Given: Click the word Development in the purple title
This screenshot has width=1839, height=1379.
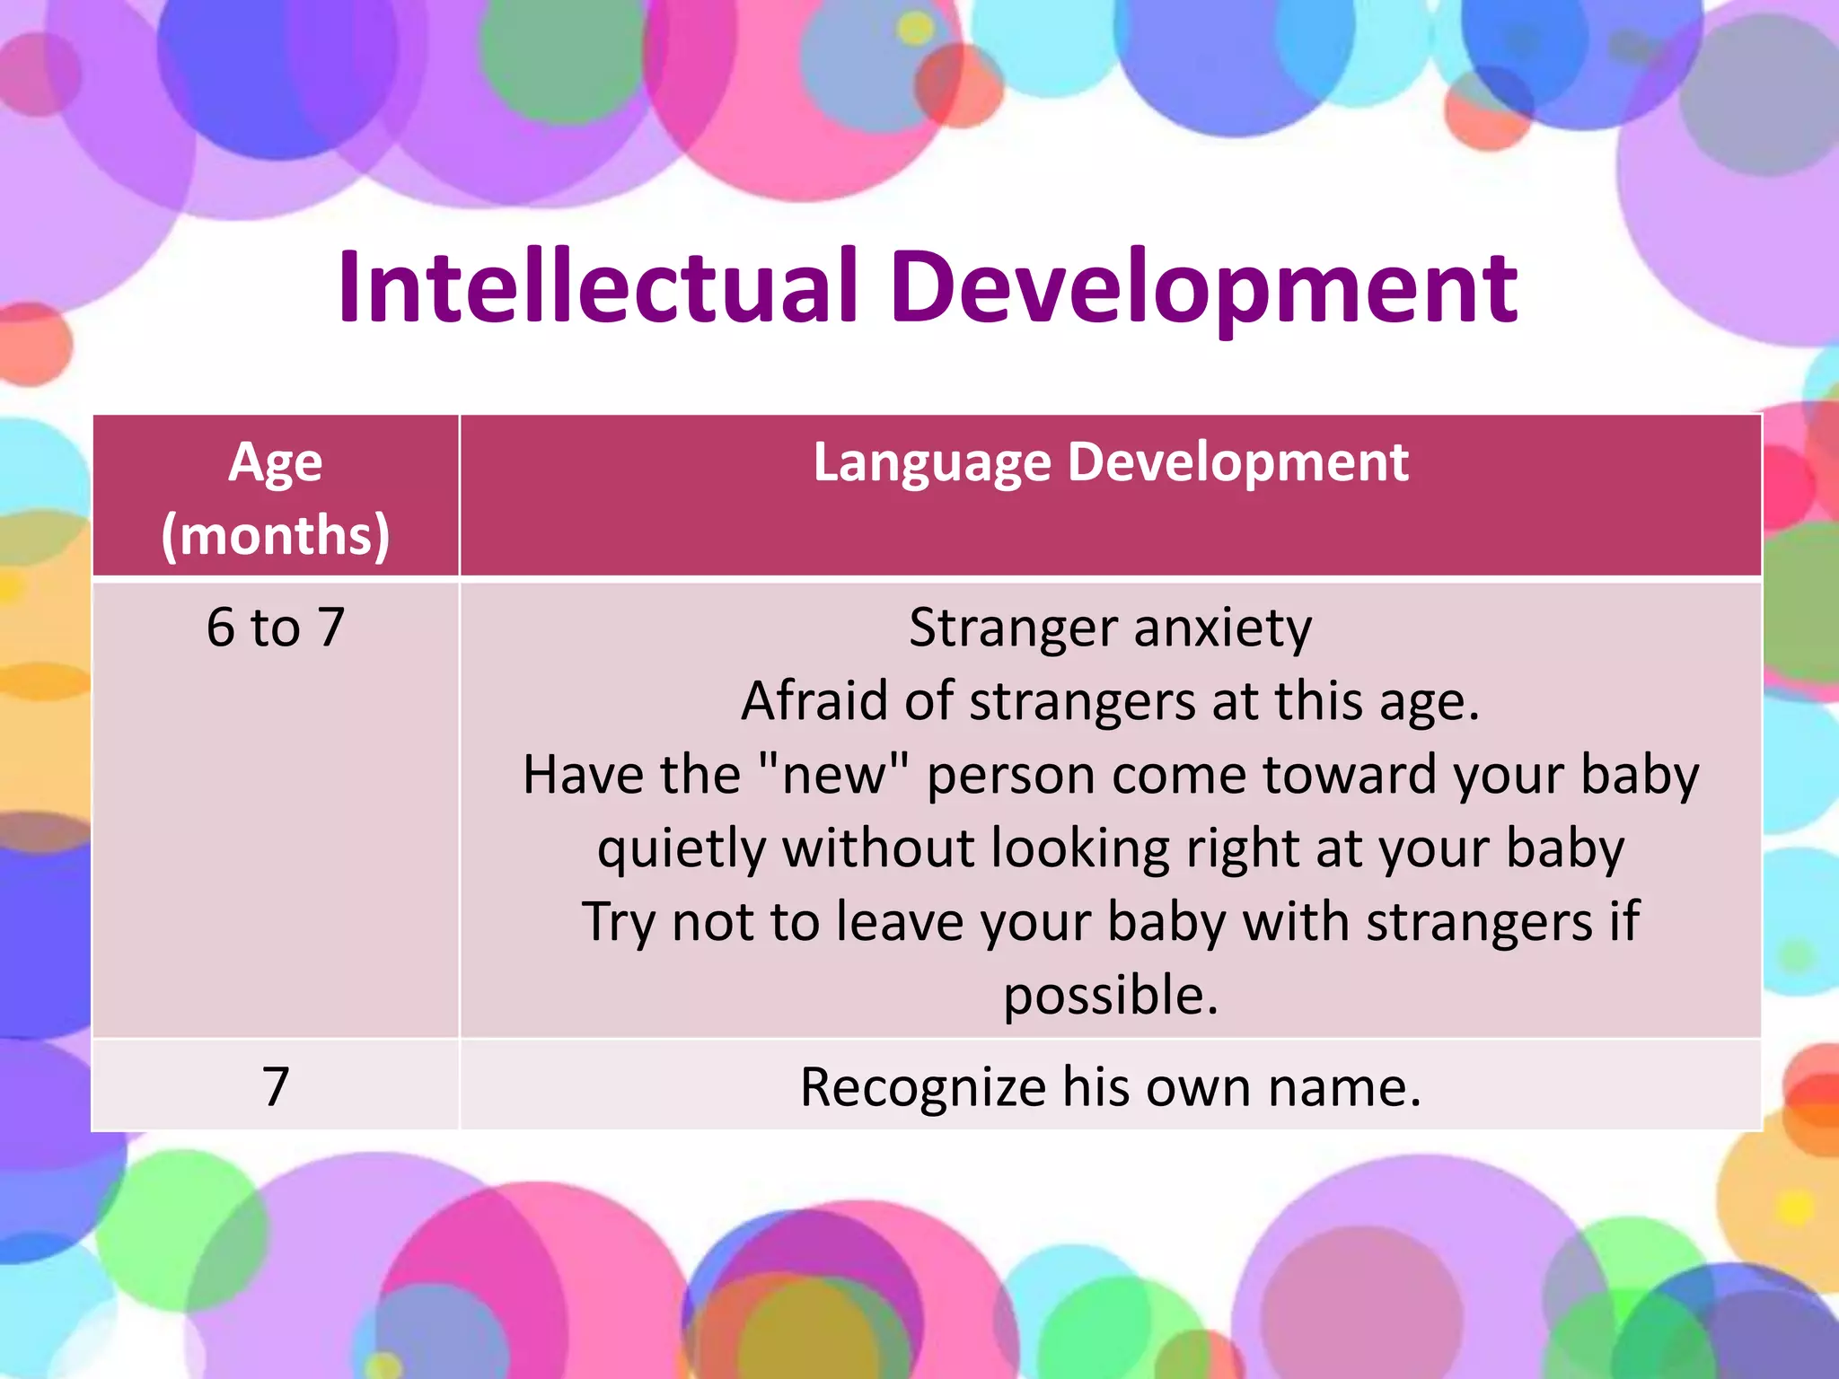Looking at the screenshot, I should click(x=1203, y=287).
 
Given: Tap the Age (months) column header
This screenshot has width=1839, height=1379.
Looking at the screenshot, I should click(x=276, y=498).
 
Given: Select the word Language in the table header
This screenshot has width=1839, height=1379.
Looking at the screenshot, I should click(x=931, y=463).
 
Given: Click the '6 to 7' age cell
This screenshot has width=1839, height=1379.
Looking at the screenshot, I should click(x=276, y=627).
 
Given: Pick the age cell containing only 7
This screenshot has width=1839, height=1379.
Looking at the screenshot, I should click(x=276, y=1086).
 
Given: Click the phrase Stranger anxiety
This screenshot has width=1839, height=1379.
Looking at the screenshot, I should click(x=1110, y=627).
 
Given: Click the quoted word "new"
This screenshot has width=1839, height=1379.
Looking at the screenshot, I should click(x=833, y=774).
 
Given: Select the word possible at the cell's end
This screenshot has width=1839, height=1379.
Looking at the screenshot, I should click(x=1110, y=996).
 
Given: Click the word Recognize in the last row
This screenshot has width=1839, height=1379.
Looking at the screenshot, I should click(x=922, y=1087).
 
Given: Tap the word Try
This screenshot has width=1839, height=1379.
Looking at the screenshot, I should click(x=620, y=922).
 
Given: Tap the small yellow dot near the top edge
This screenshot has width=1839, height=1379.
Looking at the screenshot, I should click(x=915, y=29).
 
